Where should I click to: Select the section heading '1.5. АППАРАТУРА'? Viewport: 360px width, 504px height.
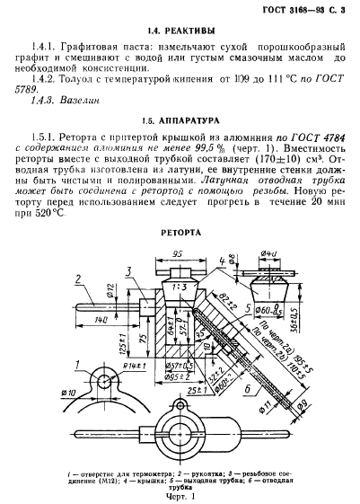tap(180, 120)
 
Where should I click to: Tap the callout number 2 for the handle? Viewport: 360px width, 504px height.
tap(79, 276)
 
